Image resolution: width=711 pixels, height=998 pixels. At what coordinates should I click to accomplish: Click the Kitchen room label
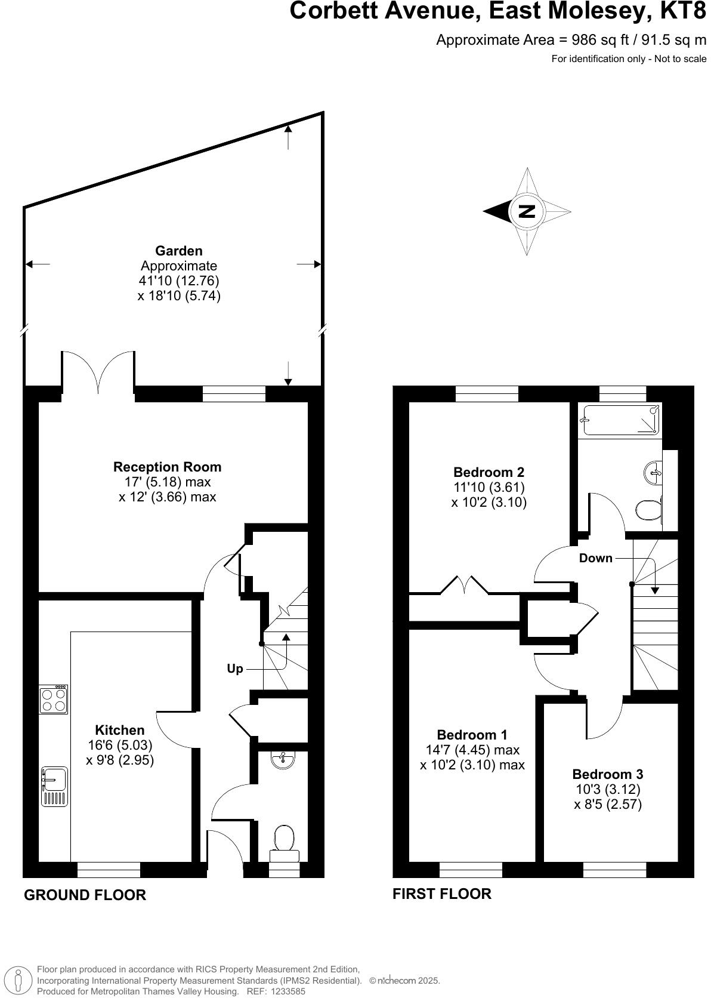[120, 730]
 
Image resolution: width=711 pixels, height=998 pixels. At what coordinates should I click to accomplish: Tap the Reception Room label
[167, 467]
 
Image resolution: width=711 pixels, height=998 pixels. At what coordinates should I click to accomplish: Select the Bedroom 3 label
[607, 774]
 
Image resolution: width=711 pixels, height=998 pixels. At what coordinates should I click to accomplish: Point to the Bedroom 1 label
[472, 735]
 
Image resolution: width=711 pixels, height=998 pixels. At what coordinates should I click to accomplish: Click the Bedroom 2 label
[489, 472]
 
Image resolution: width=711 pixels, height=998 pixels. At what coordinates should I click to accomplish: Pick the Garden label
[179, 251]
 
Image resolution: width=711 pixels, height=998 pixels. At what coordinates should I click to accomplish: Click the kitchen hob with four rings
[53, 700]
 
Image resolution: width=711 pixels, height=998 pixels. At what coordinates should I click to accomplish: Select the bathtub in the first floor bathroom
[620, 420]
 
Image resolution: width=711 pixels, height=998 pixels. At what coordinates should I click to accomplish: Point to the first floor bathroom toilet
[648, 511]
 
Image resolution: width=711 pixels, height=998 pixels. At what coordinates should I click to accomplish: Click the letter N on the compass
[527, 211]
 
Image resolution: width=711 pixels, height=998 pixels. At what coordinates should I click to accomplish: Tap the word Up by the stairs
[235, 669]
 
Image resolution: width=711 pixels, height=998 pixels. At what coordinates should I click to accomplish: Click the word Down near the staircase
[595, 558]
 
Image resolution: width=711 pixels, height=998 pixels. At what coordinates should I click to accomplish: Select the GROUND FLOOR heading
[85, 895]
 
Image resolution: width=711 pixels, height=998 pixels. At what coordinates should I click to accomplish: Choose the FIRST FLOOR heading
[441, 894]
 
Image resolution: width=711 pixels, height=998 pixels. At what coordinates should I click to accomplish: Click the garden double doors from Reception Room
[98, 373]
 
